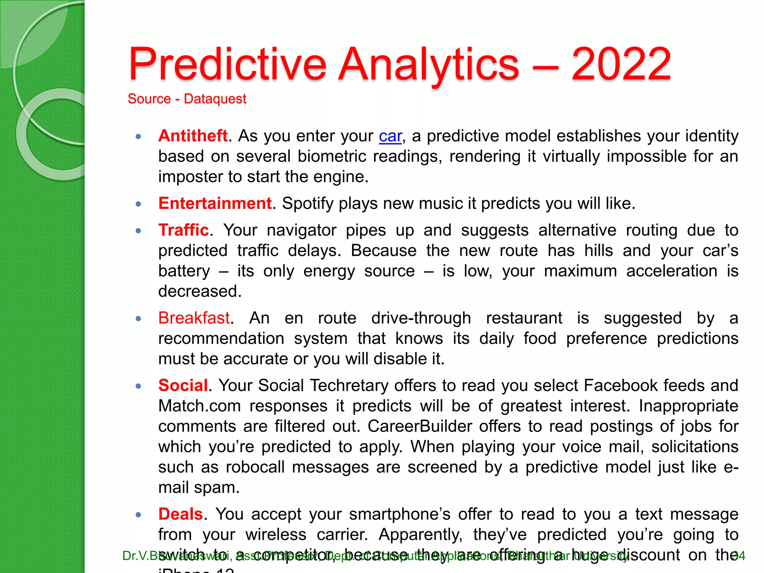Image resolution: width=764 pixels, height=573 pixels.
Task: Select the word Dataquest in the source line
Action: tap(215, 99)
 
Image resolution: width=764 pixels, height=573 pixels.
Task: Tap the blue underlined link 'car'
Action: tap(390, 136)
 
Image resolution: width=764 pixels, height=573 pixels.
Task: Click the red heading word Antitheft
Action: tap(193, 136)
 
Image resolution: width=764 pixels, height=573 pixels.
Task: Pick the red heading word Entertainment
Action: tap(215, 203)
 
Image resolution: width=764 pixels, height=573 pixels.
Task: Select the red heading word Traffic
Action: tap(184, 230)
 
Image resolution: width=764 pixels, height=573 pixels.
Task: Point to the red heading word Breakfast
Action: tap(194, 318)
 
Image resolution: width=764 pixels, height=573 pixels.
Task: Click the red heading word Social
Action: tap(183, 385)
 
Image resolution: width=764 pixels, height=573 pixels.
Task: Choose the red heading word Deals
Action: tap(181, 514)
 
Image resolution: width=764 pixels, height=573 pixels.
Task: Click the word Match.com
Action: tap(200, 406)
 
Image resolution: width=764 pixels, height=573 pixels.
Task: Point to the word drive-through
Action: tap(421, 318)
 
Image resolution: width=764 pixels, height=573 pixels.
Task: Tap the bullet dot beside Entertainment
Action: tap(138, 204)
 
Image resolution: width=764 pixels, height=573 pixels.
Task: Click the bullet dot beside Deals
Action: tap(138, 515)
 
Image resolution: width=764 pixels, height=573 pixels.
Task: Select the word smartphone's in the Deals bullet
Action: tap(400, 514)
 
